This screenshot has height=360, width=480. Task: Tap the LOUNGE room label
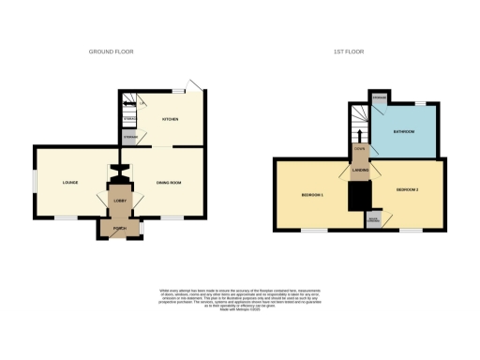click(68, 182)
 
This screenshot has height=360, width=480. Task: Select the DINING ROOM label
click(168, 182)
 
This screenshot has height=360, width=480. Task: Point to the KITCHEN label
click(172, 120)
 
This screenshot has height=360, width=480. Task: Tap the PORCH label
click(120, 228)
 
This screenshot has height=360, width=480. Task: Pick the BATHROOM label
click(405, 131)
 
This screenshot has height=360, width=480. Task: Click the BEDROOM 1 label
click(312, 194)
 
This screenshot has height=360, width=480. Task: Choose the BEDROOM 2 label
click(407, 190)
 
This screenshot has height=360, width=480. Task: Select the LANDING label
click(359, 172)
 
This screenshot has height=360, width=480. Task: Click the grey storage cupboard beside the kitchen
click(129, 138)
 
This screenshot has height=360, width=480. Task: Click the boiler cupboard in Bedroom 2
click(373, 220)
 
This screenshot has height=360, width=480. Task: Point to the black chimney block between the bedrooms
click(358, 195)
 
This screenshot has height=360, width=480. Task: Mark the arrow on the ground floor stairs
click(129, 103)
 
